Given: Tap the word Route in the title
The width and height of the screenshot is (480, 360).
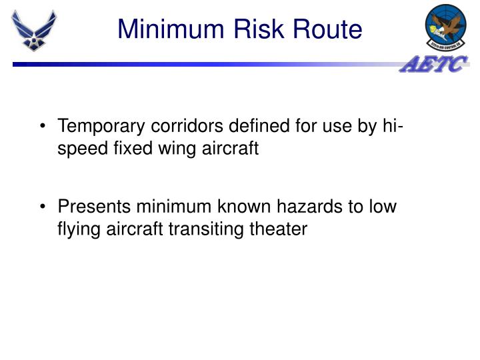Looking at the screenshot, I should click(327, 29).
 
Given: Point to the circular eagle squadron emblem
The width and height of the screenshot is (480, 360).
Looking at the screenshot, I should click(445, 26).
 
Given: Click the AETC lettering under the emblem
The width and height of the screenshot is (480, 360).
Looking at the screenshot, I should click(434, 65).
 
